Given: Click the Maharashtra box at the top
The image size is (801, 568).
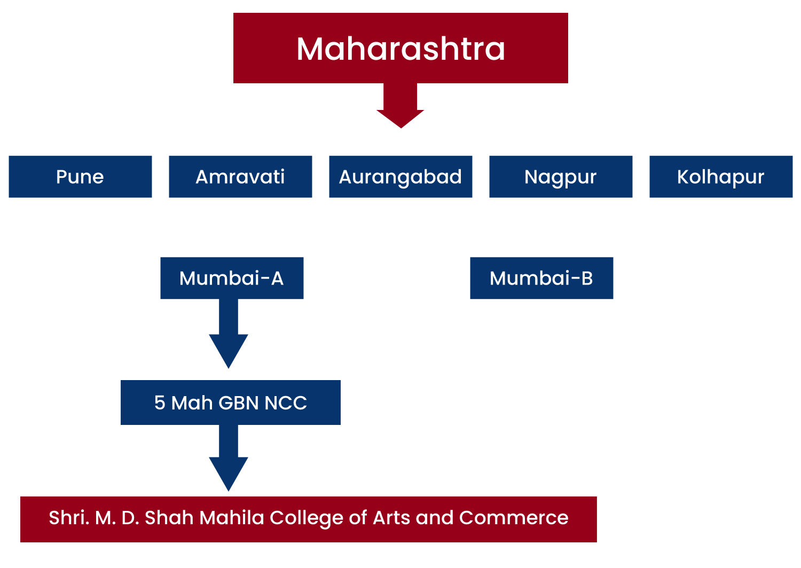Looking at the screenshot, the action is [400, 48].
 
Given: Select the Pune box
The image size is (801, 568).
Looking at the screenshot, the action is [80, 177].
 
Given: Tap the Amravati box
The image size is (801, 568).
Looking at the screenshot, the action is [240, 177].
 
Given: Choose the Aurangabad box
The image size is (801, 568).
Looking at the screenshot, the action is [400, 177].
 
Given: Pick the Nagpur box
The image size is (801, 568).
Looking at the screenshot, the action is [561, 177].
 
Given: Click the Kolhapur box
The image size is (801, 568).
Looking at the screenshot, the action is [721, 177].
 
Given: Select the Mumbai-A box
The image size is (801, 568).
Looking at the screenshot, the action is [232, 278].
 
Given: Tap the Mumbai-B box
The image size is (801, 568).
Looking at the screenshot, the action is [541, 278].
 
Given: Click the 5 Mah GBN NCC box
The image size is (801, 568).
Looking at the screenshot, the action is [231, 403].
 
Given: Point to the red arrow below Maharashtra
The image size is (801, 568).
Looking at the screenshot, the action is [400, 106].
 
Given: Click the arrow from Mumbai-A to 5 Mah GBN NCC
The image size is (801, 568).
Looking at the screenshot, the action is [229, 334].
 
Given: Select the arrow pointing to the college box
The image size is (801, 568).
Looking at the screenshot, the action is [229, 458].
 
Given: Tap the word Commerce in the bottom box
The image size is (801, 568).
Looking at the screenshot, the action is [514, 518].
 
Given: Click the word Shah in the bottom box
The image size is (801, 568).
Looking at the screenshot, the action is [169, 517].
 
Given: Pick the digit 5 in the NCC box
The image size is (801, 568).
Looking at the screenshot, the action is [160, 403].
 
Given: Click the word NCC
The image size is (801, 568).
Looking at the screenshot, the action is [286, 403].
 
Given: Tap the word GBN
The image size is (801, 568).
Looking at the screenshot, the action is [239, 403].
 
